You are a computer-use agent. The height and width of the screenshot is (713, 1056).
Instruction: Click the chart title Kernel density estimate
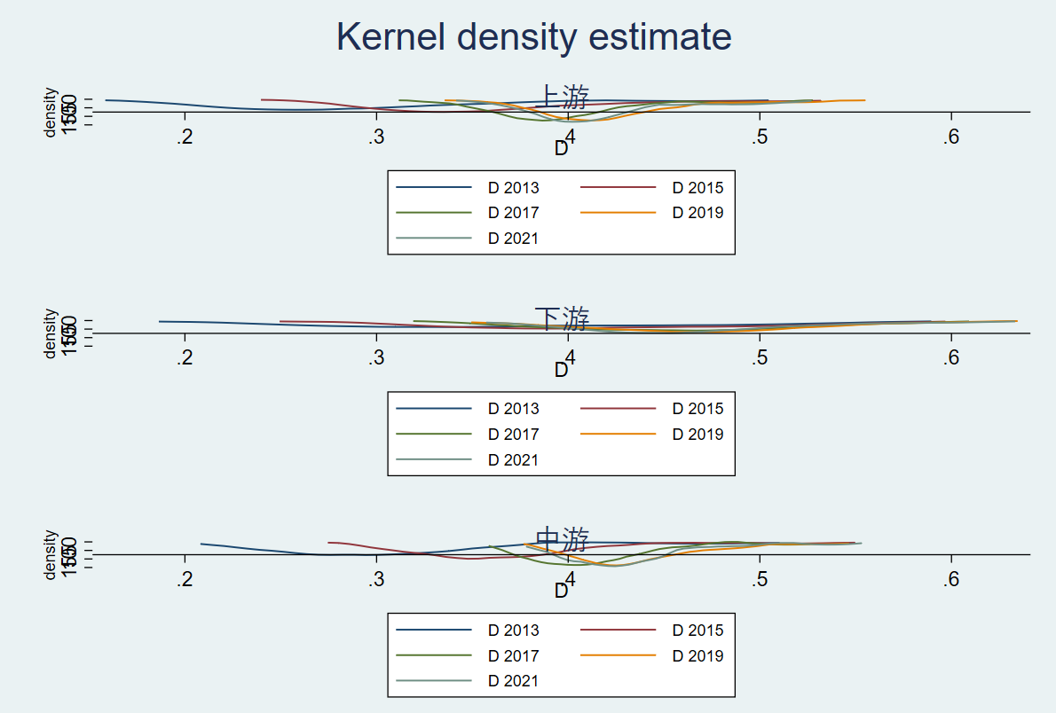tap(533, 37)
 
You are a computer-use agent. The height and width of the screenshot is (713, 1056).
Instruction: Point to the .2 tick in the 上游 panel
tap(185, 137)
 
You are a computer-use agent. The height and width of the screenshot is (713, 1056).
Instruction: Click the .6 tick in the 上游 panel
tap(951, 137)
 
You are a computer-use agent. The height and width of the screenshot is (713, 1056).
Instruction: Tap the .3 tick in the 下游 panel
tap(376, 358)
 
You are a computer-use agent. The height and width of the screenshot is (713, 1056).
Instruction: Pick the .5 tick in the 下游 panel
tap(760, 358)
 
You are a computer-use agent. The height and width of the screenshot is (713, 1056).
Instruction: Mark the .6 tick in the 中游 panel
tap(951, 580)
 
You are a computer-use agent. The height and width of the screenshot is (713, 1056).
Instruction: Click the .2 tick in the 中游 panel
tap(185, 580)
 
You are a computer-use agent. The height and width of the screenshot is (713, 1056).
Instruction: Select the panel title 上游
tap(563, 96)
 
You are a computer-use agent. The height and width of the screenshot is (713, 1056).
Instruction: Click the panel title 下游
tap(563, 317)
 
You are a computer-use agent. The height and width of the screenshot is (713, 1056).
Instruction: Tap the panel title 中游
tap(563, 538)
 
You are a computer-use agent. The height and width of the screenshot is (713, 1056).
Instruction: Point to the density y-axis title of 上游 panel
tap(51, 113)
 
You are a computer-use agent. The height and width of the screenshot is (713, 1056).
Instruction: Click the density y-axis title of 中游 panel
tap(51, 555)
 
